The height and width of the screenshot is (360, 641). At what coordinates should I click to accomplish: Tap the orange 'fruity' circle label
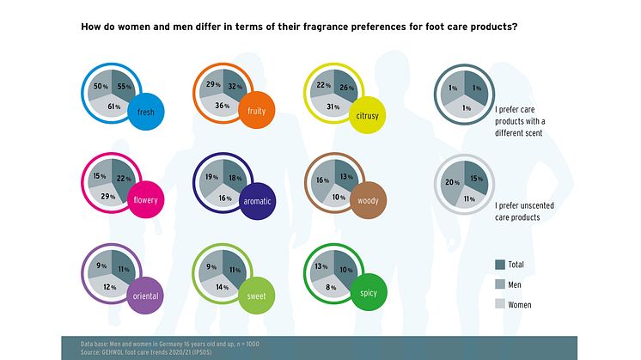[x=254, y=112]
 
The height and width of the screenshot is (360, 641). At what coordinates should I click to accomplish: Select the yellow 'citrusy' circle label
[x=369, y=114]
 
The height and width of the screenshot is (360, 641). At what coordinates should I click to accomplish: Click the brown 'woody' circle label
[x=369, y=201]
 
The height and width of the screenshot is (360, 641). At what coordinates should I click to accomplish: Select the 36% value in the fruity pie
[x=222, y=106]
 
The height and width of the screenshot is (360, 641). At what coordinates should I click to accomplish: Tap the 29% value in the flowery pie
[x=108, y=198]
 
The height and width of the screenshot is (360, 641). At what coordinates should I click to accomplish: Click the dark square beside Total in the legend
[x=500, y=265]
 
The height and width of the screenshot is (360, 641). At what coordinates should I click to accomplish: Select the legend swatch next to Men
[x=500, y=284]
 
